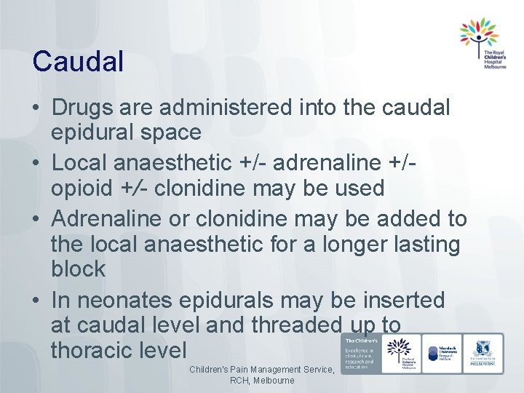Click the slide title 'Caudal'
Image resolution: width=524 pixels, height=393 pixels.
pos(77,61)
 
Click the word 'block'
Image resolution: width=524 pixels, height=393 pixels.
pos(79,269)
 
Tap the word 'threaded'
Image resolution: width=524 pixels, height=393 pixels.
pos(295,325)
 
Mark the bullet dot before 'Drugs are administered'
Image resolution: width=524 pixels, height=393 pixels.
pos(36,108)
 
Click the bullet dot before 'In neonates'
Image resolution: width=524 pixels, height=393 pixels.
pos(36,301)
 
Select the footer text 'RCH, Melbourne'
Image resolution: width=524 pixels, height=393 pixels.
pos(262,381)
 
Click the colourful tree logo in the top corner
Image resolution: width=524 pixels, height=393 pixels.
pos(478,35)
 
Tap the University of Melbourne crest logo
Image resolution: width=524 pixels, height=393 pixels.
pos(483,354)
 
